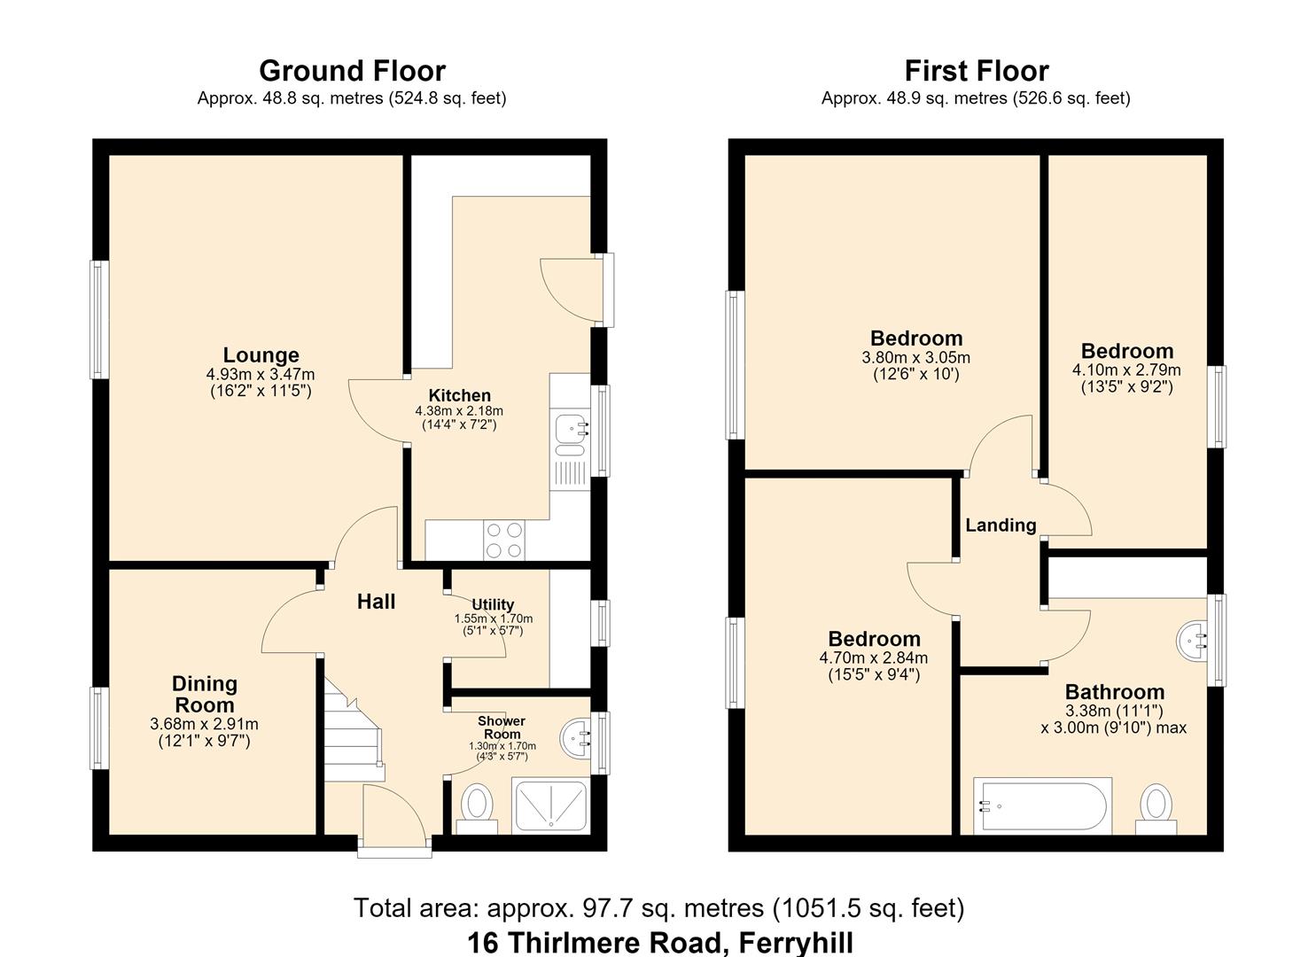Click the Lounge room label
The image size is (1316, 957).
(x=261, y=354)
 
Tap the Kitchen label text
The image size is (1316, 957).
(x=459, y=395)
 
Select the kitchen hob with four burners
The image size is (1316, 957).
(x=504, y=541)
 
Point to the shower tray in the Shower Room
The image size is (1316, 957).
(x=551, y=805)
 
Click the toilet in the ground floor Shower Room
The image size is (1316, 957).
(x=477, y=808)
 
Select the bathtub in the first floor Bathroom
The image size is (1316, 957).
(x=1042, y=806)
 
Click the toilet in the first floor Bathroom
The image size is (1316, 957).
(x=1156, y=808)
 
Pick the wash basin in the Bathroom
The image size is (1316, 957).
(x=1191, y=641)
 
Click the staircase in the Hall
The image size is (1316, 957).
(x=354, y=729)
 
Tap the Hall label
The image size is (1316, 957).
(x=376, y=602)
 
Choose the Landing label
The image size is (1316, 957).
(x=1001, y=525)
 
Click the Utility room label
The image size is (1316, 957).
(x=493, y=604)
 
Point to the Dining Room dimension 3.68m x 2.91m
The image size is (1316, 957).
(x=204, y=724)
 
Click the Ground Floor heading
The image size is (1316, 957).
(x=352, y=71)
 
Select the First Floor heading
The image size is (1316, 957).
(x=977, y=71)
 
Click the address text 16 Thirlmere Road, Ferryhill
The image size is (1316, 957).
(x=659, y=943)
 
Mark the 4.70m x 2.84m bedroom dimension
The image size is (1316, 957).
(x=874, y=657)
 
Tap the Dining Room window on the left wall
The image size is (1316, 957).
(x=99, y=727)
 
